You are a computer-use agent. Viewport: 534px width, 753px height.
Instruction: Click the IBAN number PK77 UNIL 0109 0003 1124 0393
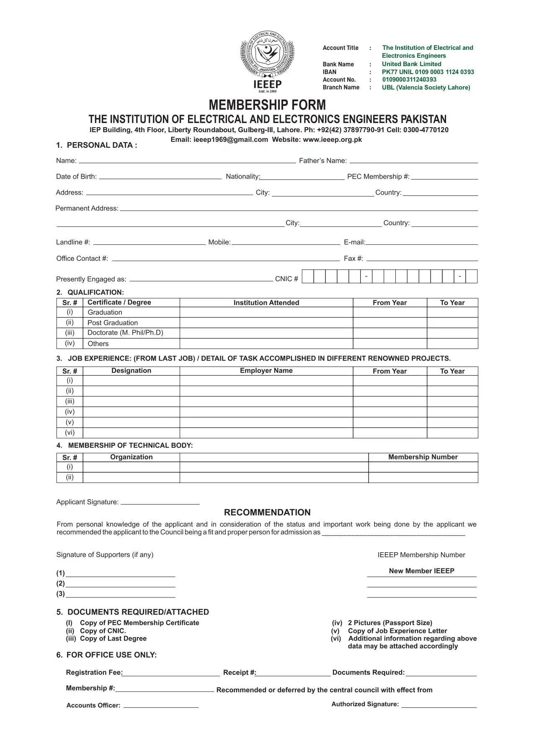click(x=428, y=72)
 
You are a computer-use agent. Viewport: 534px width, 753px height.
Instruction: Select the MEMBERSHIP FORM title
click(x=267, y=105)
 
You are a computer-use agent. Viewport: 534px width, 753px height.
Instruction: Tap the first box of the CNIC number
click(x=308, y=277)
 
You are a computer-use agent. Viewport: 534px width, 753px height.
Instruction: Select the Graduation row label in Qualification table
click(x=105, y=312)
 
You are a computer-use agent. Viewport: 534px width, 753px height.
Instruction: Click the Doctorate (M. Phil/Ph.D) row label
click(x=125, y=333)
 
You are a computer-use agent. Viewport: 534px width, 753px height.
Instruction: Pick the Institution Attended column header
click(x=266, y=302)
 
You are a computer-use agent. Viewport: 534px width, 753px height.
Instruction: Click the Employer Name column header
click(x=266, y=371)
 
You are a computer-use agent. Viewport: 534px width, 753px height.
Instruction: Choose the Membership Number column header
click(x=423, y=457)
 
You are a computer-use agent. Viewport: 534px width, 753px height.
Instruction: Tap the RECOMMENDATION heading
click(x=267, y=512)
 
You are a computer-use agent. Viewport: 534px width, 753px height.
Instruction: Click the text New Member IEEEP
click(x=421, y=571)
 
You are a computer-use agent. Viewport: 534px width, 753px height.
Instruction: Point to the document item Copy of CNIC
click(x=103, y=631)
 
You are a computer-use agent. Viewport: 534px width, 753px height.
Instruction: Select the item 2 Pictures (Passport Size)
click(x=390, y=623)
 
